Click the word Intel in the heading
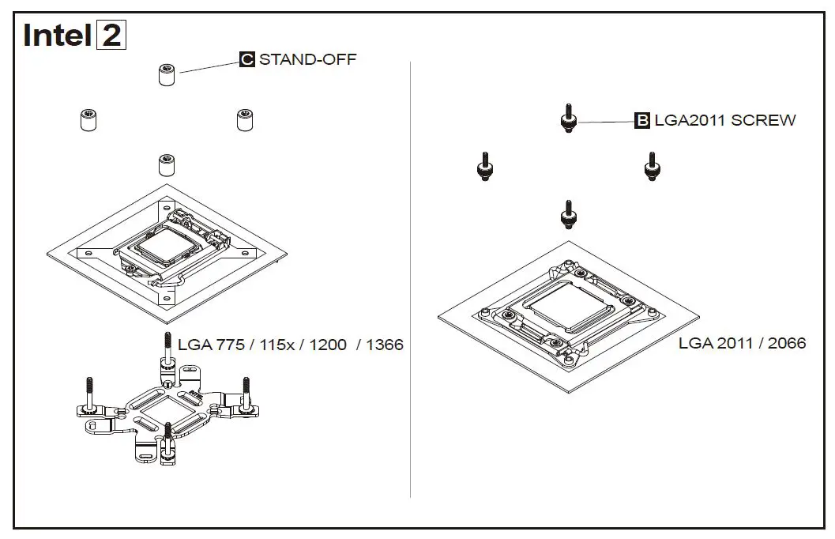click(x=57, y=36)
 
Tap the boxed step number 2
click(x=111, y=36)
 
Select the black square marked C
click(x=247, y=59)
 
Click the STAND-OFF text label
click(x=308, y=59)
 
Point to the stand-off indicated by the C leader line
click(x=167, y=75)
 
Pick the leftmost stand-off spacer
click(x=88, y=120)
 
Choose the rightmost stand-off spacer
click(x=244, y=120)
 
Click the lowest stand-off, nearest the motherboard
click(x=167, y=164)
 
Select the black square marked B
click(x=642, y=120)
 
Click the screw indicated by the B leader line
click(x=568, y=119)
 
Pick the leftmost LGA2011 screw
click(x=484, y=167)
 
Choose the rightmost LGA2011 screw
click(x=653, y=167)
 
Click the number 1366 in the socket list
click(x=385, y=345)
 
